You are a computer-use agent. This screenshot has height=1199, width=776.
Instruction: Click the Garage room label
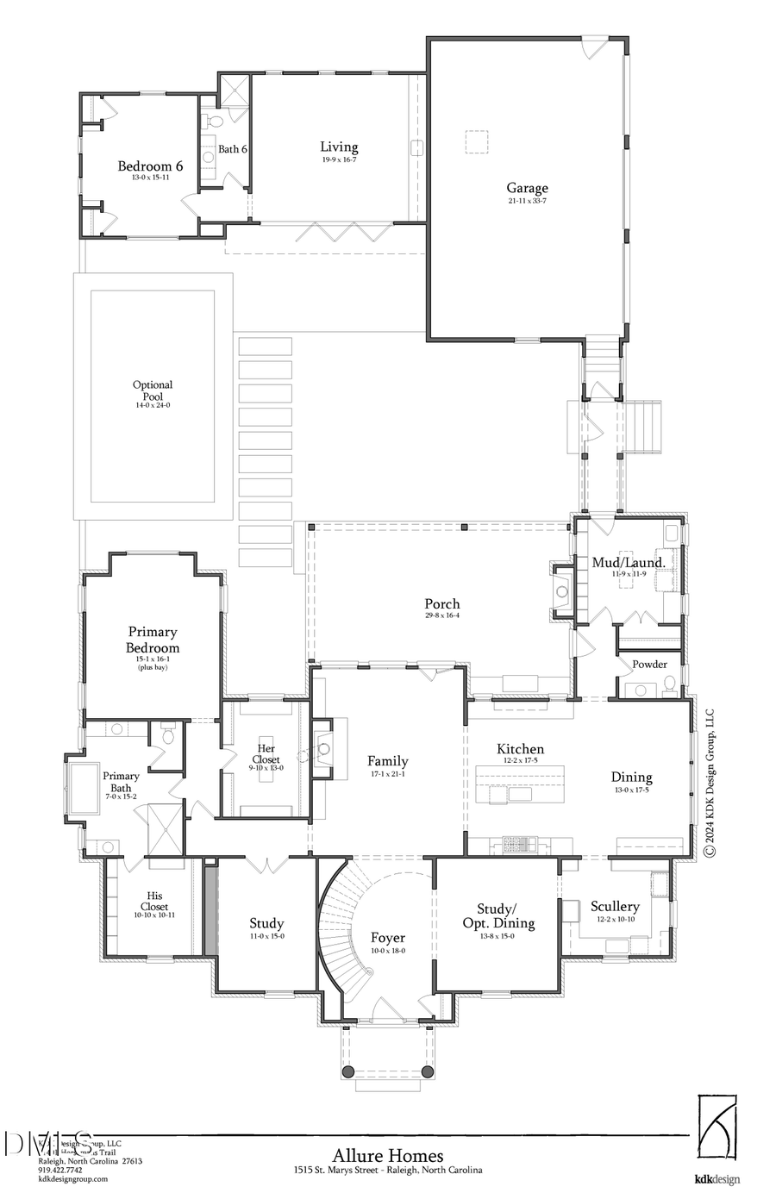527,188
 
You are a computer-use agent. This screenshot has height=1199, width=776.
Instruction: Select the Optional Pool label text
153,390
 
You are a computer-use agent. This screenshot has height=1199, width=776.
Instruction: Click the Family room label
387,761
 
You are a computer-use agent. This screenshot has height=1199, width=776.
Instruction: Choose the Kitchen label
520,749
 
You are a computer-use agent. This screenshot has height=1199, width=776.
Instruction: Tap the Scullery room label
615,906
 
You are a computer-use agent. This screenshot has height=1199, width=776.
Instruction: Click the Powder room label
649,665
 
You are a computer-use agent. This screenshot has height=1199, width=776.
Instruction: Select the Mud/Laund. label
629,563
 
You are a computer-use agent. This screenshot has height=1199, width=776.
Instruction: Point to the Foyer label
388,938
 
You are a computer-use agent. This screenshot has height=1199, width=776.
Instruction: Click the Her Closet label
266,754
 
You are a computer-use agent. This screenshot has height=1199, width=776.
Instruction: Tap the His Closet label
154,901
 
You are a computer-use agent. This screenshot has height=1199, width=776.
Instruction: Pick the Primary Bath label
121,782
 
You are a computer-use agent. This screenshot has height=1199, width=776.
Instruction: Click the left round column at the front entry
348,1071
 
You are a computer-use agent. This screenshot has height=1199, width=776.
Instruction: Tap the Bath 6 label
232,149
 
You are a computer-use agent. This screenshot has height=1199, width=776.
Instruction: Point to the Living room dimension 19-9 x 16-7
339,159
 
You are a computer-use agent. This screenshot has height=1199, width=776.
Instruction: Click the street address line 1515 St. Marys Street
388,1171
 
